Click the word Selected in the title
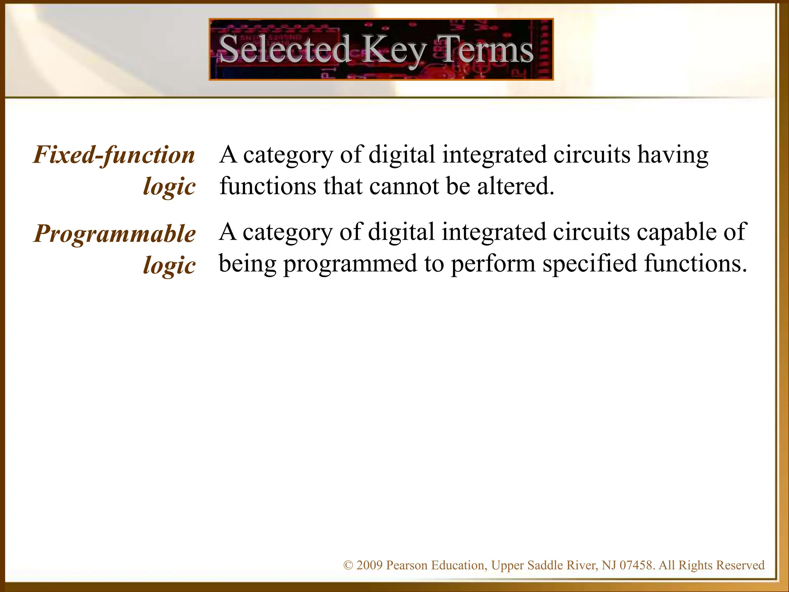[284, 49]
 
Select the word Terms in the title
[486, 49]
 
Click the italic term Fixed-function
[114, 155]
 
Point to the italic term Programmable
[115, 234]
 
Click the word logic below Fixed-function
[169, 187]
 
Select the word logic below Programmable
[169, 266]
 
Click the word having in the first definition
[673, 155]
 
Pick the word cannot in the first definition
[404, 186]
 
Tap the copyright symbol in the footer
[348, 565]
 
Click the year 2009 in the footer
[369, 565]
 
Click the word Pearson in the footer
[407, 565]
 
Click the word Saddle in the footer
[543, 565]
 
